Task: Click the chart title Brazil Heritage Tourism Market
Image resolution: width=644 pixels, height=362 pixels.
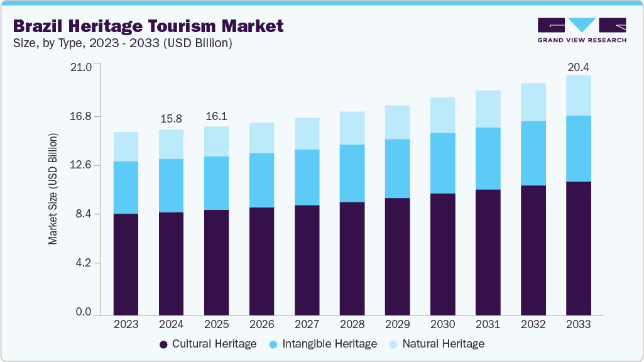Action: click(x=148, y=26)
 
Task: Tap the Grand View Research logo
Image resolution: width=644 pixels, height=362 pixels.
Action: click(x=581, y=30)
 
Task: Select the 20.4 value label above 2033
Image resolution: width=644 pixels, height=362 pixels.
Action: click(x=578, y=67)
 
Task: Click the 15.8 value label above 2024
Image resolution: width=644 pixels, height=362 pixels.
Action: click(x=171, y=118)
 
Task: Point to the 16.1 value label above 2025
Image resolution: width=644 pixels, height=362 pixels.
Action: click(x=216, y=117)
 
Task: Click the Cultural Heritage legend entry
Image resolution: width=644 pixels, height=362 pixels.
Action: click(x=208, y=344)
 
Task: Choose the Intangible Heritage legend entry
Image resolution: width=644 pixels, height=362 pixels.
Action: click(x=322, y=344)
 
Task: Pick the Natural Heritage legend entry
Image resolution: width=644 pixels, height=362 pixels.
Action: click(x=437, y=344)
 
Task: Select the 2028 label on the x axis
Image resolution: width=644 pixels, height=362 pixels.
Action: click(x=352, y=324)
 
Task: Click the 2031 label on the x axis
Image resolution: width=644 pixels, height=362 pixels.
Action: click(x=488, y=324)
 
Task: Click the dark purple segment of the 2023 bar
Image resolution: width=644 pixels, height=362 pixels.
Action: click(x=126, y=264)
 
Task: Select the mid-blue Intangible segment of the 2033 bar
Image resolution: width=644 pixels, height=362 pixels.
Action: click(x=578, y=148)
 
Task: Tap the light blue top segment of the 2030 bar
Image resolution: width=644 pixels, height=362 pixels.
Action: click(x=442, y=115)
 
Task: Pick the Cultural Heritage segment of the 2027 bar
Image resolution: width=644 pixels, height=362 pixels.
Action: click(x=307, y=260)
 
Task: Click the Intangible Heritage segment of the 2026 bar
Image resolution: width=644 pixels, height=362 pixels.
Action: click(x=261, y=180)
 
